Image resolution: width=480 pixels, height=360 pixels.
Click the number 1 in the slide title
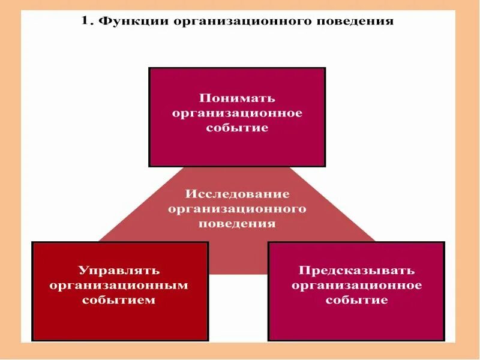coord(85,22)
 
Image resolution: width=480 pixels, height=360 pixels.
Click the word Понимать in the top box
coord(237,98)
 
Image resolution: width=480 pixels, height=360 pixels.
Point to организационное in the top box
coord(237,113)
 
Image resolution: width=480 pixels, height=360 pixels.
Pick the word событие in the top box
coord(237,128)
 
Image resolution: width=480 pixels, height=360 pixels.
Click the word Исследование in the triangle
coord(237,194)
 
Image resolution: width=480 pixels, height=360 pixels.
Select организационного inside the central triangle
coord(237,209)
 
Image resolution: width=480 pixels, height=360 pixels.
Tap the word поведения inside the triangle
coord(237,224)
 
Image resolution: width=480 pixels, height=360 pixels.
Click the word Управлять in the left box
coord(119,271)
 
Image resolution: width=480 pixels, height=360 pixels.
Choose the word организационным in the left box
coord(119,285)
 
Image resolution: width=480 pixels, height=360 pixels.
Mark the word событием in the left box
coord(119,300)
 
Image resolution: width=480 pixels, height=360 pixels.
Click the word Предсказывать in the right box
coord(356,271)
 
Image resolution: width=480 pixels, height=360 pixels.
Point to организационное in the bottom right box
coord(356,285)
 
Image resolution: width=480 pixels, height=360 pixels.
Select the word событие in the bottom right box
coord(356,300)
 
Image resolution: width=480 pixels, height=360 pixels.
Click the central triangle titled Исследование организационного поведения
coord(237,252)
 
